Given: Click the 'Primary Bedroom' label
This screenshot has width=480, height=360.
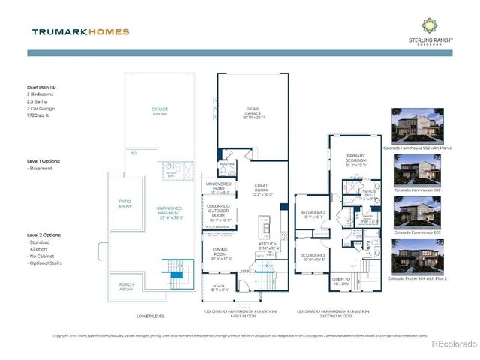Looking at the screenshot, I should [x=356, y=159].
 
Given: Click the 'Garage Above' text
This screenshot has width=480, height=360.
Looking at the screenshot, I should [x=159, y=111].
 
